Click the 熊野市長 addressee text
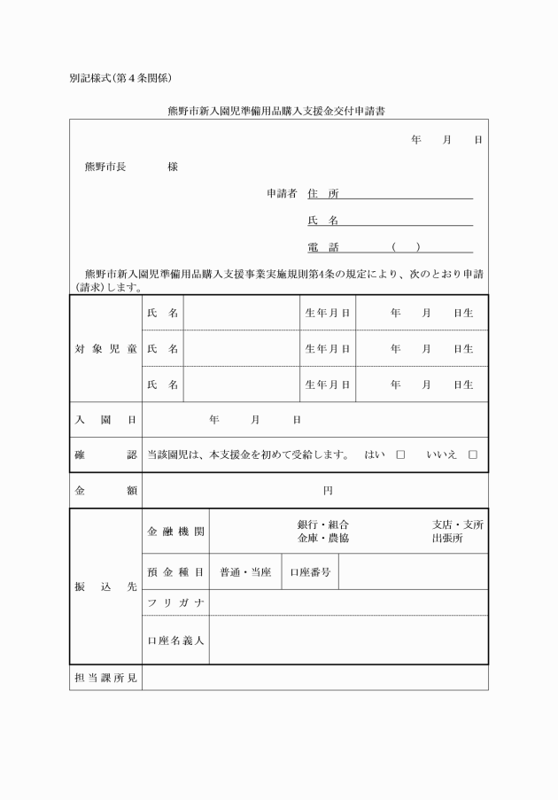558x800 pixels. point(105,167)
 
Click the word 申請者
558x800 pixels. point(282,193)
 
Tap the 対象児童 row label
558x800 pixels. point(105,348)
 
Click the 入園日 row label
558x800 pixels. point(105,419)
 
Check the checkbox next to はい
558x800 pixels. point(400,454)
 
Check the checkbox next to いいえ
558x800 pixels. point(473,454)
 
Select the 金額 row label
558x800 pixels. point(105,490)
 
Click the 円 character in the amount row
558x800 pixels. point(328,490)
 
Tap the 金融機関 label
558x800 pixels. point(175,532)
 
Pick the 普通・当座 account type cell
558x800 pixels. point(245,572)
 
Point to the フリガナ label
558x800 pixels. point(175,603)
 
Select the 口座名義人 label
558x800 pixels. point(175,640)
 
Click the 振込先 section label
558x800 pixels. point(105,587)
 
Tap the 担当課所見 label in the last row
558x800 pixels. point(105,678)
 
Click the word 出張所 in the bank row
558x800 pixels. point(447,538)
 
